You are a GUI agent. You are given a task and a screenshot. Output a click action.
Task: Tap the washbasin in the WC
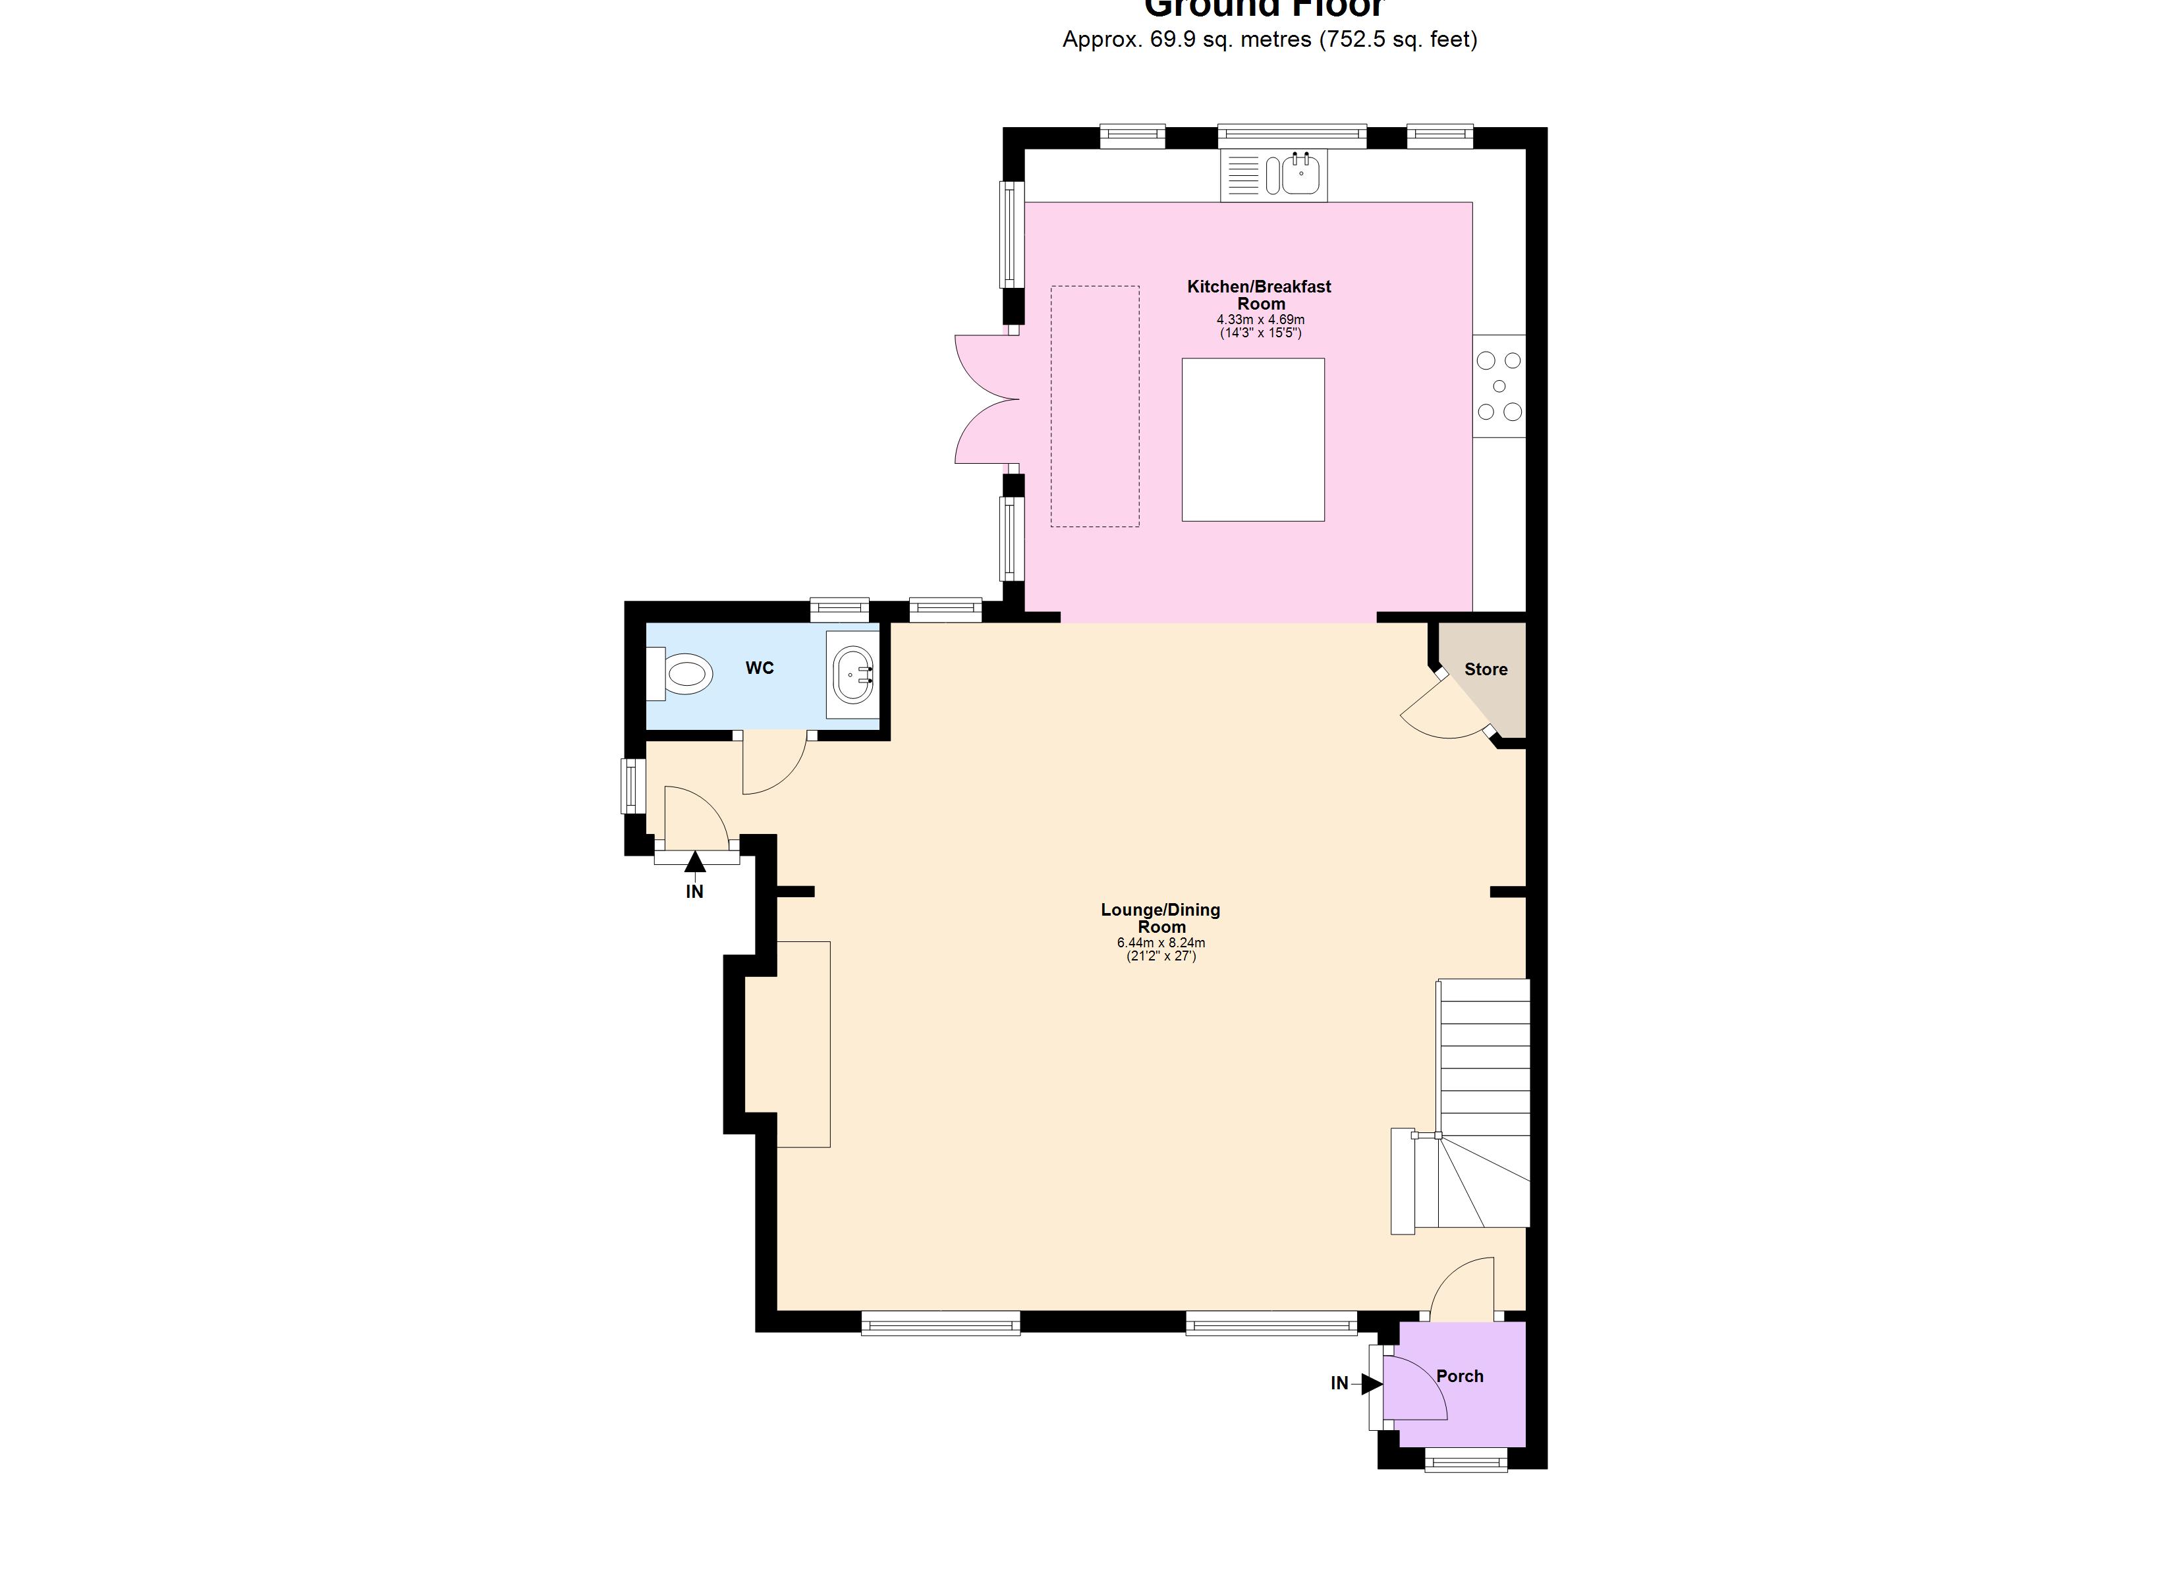(852, 676)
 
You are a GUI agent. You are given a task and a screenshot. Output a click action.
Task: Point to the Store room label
(1485, 669)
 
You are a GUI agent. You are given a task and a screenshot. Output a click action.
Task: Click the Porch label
(1459, 1376)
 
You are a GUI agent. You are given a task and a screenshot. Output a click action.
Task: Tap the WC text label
(759, 668)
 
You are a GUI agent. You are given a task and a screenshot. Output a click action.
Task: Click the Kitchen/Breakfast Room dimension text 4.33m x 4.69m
(1260, 320)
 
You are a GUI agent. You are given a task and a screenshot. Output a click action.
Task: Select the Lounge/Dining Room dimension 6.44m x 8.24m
(1160, 943)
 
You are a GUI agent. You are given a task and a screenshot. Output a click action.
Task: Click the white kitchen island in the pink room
(1252, 440)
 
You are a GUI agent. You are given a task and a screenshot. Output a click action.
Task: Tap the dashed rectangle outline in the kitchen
(1095, 406)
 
